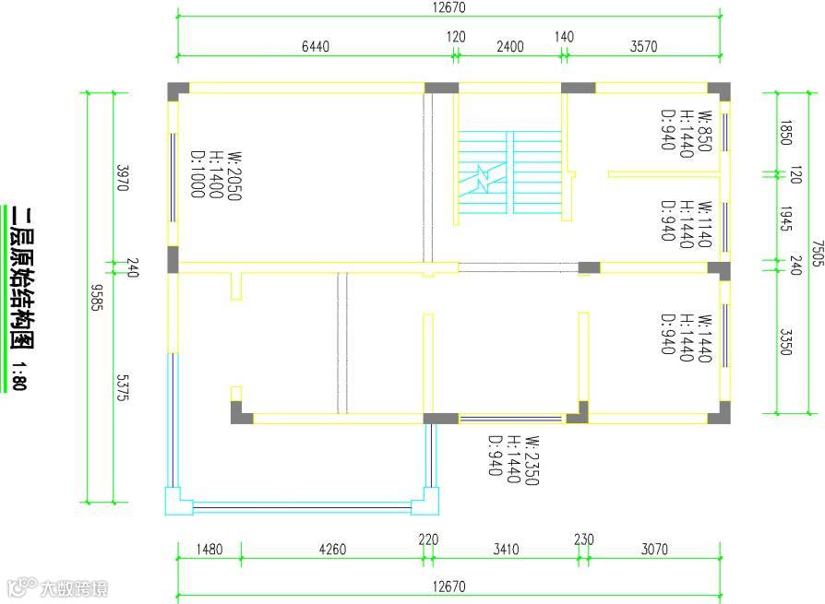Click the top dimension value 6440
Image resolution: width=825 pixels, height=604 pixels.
click(315, 47)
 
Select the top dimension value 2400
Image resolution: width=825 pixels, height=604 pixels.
click(509, 47)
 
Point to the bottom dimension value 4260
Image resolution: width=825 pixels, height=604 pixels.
click(332, 550)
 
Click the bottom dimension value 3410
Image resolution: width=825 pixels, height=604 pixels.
click(506, 550)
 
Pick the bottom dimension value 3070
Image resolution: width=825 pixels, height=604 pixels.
click(653, 550)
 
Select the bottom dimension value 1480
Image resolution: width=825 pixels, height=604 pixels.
click(209, 550)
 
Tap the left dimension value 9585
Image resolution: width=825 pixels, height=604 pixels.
click(96, 297)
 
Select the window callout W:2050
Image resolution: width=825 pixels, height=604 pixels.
click(235, 176)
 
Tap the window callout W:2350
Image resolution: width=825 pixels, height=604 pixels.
click(531, 461)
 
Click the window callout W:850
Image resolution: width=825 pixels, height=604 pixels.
click(705, 131)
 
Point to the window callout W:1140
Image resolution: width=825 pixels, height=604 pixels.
click(705, 222)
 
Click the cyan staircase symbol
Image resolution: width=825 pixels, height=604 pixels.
click(508, 173)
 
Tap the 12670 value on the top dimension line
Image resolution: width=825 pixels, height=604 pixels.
click(448, 7)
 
